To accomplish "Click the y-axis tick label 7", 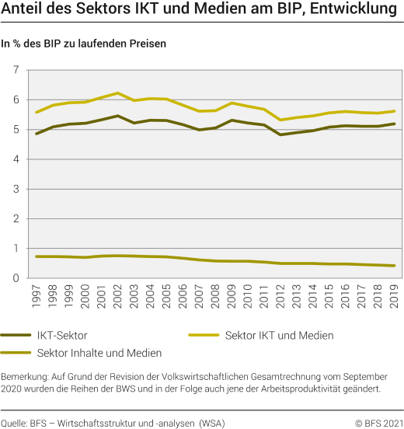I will tap(15, 71).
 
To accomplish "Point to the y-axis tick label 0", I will tap(15, 278).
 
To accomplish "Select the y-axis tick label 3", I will tap(15, 189).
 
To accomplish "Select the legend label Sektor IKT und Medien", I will tap(279, 335).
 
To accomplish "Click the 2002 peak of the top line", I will tap(118, 93).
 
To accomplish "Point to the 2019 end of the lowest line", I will tap(394, 266).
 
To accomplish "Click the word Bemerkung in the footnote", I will tap(27, 376).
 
